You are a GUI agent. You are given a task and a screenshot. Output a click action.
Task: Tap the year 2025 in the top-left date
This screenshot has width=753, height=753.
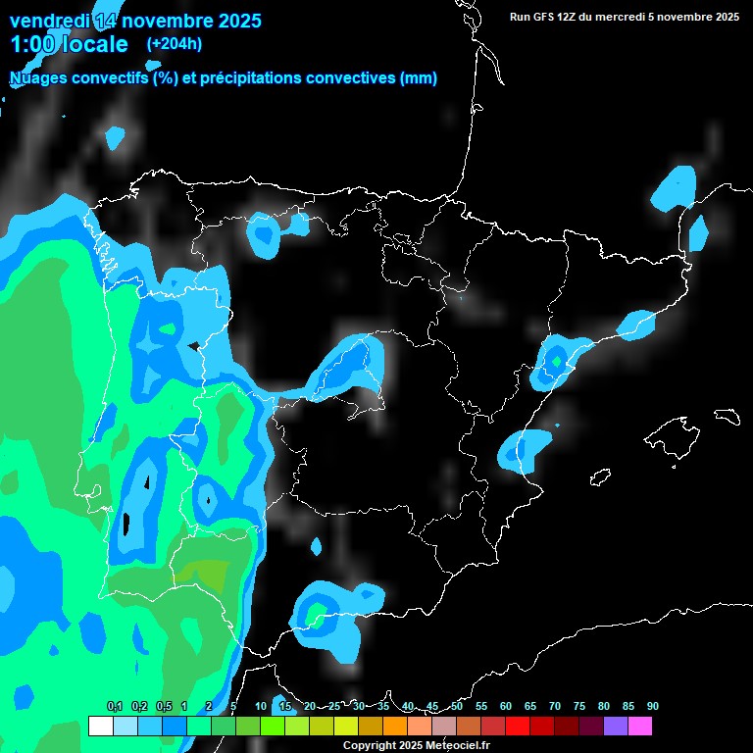coord(233,21)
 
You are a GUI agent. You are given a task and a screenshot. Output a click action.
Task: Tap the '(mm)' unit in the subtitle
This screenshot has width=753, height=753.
coord(419,78)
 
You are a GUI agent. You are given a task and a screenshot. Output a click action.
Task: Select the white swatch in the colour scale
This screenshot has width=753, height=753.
coord(100,727)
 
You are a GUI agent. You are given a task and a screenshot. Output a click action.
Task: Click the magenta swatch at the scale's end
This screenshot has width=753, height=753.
coord(640,727)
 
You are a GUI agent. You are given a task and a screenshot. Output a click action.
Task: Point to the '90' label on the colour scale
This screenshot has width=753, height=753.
coord(653,706)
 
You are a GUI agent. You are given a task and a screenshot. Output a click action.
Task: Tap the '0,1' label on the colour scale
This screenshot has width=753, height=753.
coord(115,706)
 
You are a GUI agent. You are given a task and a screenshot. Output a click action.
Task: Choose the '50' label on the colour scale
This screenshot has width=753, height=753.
coord(457,706)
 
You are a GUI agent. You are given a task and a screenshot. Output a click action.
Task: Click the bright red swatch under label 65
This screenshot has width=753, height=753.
coord(518,727)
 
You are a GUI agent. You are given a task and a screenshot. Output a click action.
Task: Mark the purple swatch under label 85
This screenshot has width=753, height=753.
coord(616,727)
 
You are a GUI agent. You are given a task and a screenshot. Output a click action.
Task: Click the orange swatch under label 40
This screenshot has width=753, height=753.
coord(395,727)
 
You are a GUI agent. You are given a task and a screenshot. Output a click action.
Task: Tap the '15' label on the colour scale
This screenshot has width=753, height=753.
coord(285,706)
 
